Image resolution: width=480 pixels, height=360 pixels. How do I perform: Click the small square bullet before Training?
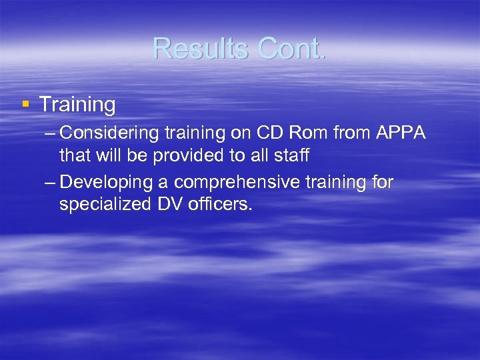click(25, 104)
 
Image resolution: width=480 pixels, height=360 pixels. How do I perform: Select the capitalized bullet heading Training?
click(77, 105)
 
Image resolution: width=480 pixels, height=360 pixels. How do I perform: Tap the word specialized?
click(105, 205)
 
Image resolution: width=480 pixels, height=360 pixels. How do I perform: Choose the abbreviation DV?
click(169, 205)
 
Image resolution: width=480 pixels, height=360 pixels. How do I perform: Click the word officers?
click(220, 205)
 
